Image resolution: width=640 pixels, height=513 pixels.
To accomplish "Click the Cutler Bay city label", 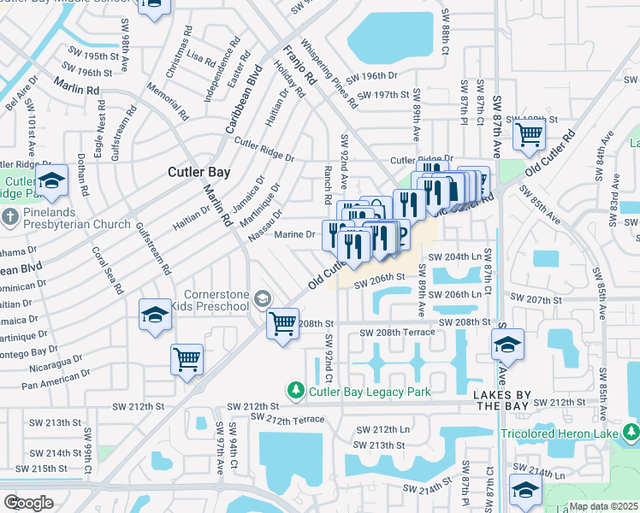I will [199, 172].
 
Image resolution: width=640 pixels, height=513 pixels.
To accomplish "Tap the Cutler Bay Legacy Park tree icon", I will [296, 390].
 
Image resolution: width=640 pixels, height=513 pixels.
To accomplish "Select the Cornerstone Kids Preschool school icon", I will [264, 299].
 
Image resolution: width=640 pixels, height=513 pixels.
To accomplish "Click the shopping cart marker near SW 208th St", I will [282, 324].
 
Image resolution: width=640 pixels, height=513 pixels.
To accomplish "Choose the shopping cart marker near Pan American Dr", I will [187, 358].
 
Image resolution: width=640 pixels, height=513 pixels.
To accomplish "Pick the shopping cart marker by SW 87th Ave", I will [530, 133].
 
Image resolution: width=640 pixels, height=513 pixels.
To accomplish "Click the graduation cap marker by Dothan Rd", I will [51, 180].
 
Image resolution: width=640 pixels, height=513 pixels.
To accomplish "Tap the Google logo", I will [28, 503].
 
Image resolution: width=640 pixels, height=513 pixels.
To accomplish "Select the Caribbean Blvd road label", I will [242, 100].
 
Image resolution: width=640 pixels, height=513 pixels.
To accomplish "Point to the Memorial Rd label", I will [178, 101].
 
